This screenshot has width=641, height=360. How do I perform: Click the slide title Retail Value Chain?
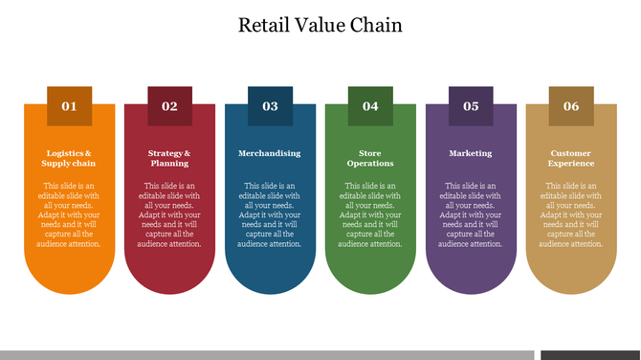320,25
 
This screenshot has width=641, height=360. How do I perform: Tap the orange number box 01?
69,106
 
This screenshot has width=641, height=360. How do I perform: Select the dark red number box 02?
169,106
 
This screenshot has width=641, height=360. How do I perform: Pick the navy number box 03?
270,106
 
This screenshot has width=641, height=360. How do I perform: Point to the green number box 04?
370,106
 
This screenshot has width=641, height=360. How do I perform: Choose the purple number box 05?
471,106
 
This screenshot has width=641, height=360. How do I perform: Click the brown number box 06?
571,106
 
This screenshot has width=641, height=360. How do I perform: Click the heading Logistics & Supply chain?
69,158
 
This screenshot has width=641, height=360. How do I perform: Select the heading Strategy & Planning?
169,158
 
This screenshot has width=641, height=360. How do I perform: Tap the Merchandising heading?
270,153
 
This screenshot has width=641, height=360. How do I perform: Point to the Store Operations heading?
370,158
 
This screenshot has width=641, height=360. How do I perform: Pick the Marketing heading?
471,153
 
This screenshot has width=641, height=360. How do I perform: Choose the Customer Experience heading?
571,158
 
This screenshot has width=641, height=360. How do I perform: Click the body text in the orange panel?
69,214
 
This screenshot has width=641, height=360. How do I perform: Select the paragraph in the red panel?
169,214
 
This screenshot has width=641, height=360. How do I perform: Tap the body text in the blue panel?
270,214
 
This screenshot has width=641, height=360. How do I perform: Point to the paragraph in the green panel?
370,214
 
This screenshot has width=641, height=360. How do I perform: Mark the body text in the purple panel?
471,214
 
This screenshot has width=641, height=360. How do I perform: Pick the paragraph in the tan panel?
571,214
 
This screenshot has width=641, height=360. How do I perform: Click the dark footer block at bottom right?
589,355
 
